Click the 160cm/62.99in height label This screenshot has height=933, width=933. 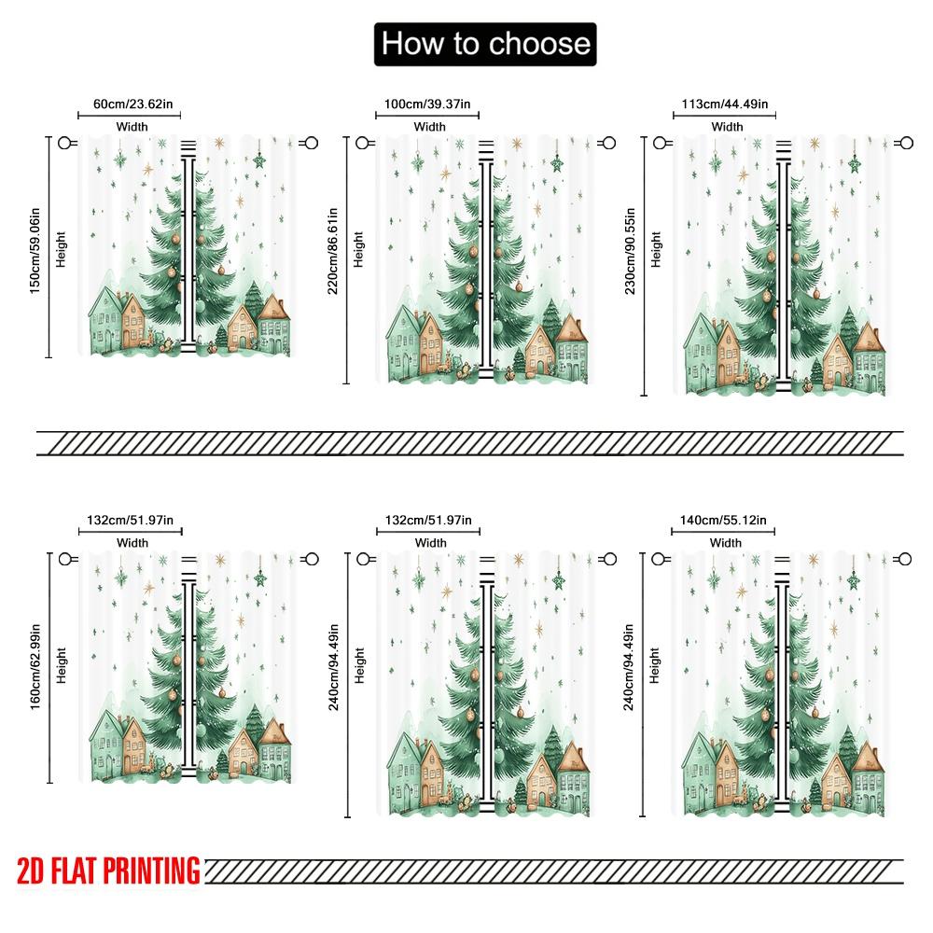point(35,667)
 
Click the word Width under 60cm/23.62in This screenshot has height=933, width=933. point(132,127)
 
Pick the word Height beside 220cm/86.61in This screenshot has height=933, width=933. point(359,250)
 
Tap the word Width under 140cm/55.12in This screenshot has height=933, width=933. point(725,543)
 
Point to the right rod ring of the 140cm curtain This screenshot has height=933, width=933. point(904,559)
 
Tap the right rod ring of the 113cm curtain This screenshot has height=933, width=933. point(904,143)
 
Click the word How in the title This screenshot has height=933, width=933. point(411,44)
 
